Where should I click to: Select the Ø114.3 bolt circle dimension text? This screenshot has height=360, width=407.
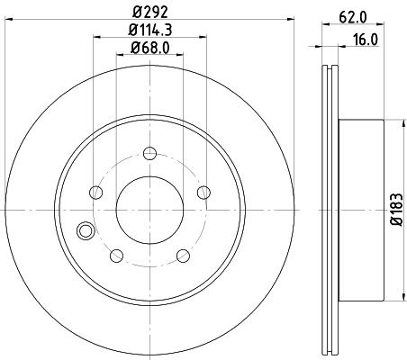[x=149, y=31]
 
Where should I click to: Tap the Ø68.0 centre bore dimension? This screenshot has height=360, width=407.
[x=149, y=49]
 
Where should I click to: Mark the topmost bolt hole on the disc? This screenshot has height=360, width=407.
[x=149, y=150]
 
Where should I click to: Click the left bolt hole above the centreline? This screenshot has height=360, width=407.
[x=95, y=191]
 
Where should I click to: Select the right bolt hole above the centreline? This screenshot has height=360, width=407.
[x=203, y=191]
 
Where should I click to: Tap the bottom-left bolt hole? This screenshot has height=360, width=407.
[x=116, y=255]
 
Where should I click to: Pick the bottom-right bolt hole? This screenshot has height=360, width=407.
[x=183, y=255]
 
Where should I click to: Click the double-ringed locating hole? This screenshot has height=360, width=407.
[x=86, y=230]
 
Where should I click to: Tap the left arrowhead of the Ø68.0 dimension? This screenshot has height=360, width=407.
[x=120, y=58]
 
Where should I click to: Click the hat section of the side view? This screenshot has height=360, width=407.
[x=360, y=211]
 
